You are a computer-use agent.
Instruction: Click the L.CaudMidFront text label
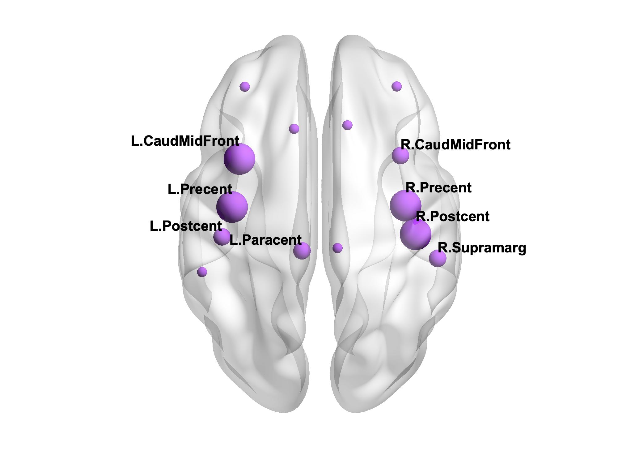click(185, 141)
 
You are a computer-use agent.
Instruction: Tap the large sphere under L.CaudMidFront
click(239, 159)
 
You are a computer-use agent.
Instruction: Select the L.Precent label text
click(200, 189)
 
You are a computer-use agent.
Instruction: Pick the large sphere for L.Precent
click(232, 207)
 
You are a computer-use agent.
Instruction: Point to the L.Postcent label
click(186, 226)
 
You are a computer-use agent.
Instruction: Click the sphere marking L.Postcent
click(222, 237)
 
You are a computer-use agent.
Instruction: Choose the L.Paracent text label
click(265, 240)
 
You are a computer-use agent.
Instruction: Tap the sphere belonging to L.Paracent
click(302, 250)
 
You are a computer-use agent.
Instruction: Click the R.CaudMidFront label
click(455, 145)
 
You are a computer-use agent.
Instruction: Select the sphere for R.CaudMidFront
click(400, 155)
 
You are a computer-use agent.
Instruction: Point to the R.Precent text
click(438, 188)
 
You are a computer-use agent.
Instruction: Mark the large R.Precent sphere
click(405, 205)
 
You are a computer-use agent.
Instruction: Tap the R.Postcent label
click(453, 217)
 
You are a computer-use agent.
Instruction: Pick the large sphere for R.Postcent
click(415, 234)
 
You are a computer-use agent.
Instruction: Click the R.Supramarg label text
click(482, 248)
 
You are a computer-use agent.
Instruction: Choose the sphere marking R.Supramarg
click(438, 258)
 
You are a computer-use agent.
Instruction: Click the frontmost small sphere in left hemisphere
click(244, 87)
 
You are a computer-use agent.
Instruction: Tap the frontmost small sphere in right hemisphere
click(396, 86)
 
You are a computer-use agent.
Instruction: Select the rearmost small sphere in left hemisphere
click(202, 272)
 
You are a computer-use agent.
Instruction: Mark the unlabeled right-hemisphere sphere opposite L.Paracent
click(337, 248)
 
